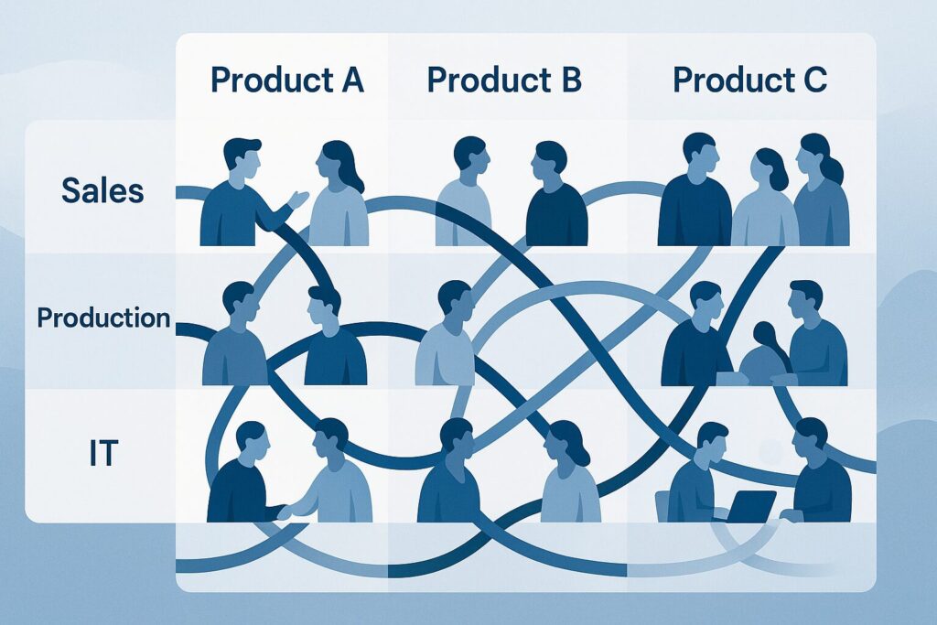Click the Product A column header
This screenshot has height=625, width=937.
287,81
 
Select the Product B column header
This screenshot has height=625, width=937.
504,81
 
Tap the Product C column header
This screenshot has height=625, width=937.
750,81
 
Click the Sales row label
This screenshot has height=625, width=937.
102,190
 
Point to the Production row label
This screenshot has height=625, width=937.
103,318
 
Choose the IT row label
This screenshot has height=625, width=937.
102,452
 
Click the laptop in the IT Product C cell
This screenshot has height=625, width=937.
750,506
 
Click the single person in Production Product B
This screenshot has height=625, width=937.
449,334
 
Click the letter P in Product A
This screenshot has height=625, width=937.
221,81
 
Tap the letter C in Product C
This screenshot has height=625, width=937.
814,81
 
